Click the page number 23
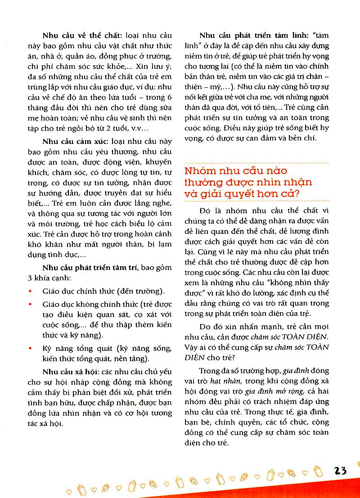pos(341,471)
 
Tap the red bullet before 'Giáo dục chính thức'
pos(30,292)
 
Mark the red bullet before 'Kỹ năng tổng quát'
pos(30,348)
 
